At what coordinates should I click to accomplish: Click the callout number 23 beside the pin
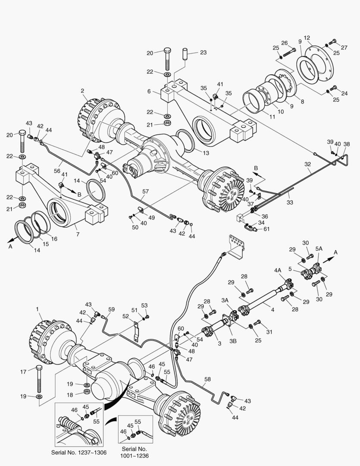tap(203, 53)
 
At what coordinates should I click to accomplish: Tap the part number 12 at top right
tap(307, 38)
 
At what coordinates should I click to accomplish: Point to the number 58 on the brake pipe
tap(208, 379)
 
